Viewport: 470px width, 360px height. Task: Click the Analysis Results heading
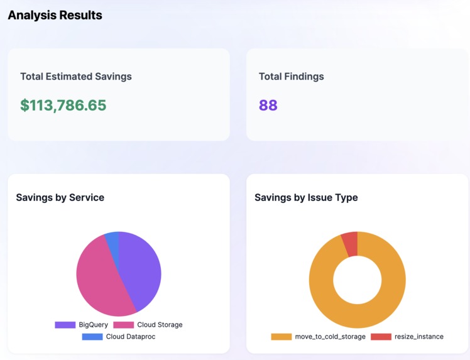tap(55, 15)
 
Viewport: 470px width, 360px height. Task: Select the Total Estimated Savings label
tap(76, 77)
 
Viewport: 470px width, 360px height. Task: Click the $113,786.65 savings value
tap(63, 105)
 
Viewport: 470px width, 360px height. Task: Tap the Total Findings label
tap(292, 77)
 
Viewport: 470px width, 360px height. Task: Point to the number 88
tap(268, 105)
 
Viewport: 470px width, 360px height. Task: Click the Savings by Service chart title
tap(60, 197)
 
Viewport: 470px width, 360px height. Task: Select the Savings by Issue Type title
tap(306, 197)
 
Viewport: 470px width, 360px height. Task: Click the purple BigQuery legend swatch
tap(65, 325)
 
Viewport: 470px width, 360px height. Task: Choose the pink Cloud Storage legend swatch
tap(124, 325)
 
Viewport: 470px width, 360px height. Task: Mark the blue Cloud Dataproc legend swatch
tap(92, 337)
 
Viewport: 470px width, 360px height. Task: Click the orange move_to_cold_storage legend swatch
tap(281, 337)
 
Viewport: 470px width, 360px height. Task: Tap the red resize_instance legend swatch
tap(381, 337)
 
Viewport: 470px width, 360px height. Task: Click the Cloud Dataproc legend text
tap(131, 337)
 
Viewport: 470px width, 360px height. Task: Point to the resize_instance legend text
tap(419, 337)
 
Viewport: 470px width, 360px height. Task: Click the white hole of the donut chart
tap(358, 280)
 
